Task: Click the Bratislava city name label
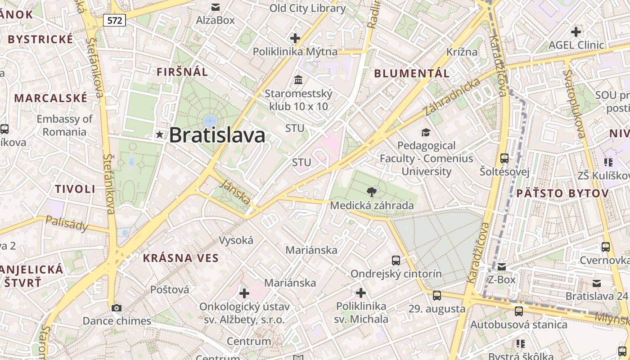click(217, 135)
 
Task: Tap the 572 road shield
click(114, 20)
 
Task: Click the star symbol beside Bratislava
click(159, 135)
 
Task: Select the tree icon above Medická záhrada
click(372, 192)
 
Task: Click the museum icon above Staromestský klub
click(298, 80)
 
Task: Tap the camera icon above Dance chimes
click(117, 308)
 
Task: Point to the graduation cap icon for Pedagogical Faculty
click(426, 132)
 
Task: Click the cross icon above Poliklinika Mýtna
click(295, 38)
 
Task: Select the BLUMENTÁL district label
click(412, 73)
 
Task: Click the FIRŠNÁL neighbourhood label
click(182, 72)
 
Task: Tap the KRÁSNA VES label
click(180, 258)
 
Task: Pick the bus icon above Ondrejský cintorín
click(396, 260)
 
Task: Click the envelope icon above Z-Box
click(502, 266)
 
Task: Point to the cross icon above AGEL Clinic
click(576, 32)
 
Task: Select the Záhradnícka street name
click(452, 97)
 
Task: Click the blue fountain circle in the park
click(210, 120)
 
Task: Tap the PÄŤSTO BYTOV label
click(562, 193)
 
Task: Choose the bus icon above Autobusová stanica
click(519, 311)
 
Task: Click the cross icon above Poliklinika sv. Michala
click(360, 293)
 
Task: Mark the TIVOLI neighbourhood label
click(75, 189)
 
